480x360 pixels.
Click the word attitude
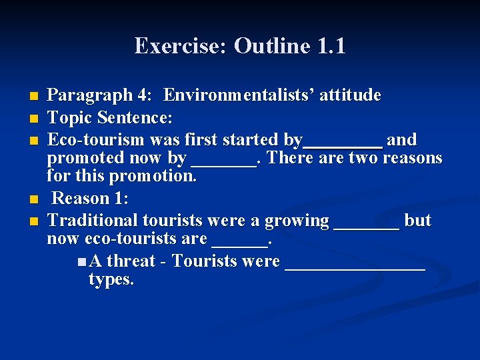coord(351,95)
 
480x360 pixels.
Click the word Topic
coord(70,118)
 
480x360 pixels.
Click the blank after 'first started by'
coord(343,142)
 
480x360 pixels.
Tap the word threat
coord(131,261)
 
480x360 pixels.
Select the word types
coord(111,279)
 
